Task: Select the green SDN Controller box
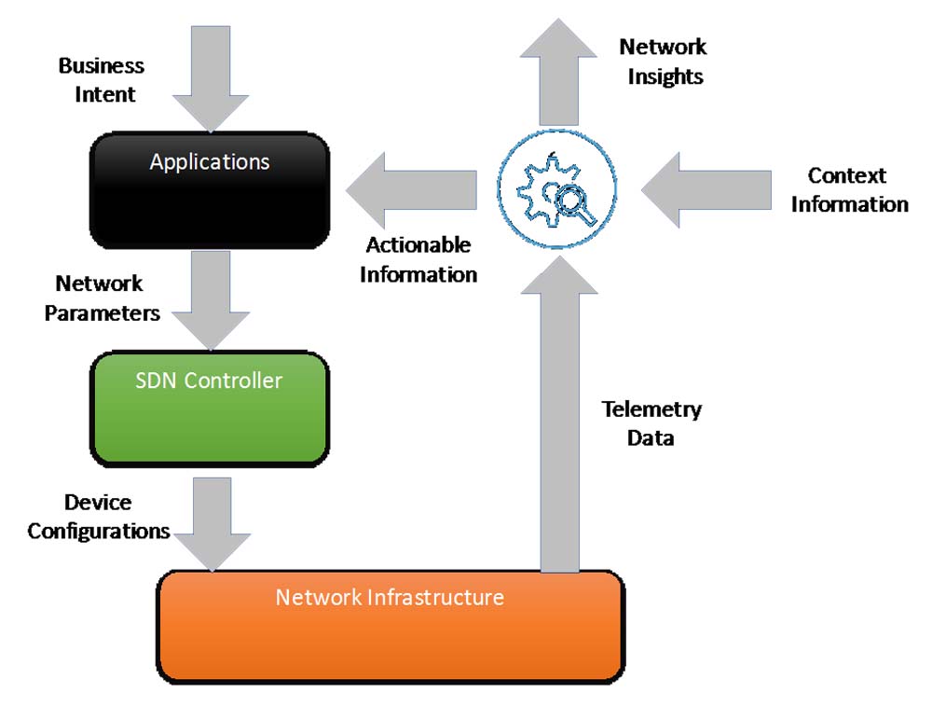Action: tap(209, 409)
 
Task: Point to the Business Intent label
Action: tap(101, 80)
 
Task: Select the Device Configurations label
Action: tap(98, 517)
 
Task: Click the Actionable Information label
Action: tap(418, 260)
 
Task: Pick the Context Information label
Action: tap(849, 189)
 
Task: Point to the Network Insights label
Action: tap(664, 62)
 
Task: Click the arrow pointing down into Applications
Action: tap(211, 80)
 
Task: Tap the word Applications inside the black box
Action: tap(210, 161)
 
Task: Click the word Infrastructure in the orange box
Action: tap(445, 597)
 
